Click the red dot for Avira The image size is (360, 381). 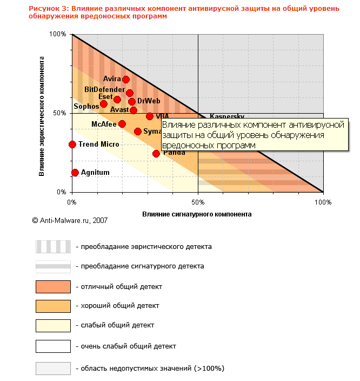point(126,80)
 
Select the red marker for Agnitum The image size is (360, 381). point(75,173)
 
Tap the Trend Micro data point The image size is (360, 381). point(72,144)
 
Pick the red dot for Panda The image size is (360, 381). point(156,154)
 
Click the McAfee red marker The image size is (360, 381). point(122,124)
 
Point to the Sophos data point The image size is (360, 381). point(104,104)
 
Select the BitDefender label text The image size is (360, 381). point(104,89)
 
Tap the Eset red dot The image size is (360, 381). point(117,100)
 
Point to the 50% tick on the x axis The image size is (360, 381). point(198,202)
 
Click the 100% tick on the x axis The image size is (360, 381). point(323,202)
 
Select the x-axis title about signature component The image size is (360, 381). point(197,214)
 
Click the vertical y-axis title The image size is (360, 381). point(42,113)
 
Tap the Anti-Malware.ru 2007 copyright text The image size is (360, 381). point(70,221)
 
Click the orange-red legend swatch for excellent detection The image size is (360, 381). point(53,286)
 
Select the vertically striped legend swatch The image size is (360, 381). point(53,247)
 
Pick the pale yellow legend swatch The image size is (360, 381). point(53,325)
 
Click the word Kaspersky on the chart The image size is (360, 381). point(226,116)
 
